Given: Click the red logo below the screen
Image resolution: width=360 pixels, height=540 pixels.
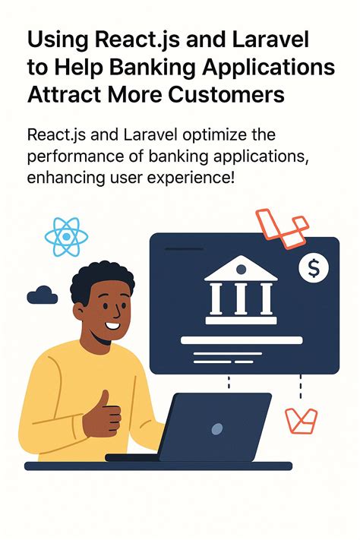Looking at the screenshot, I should [300, 420].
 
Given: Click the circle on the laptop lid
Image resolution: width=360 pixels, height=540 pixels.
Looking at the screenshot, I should [216, 429].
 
